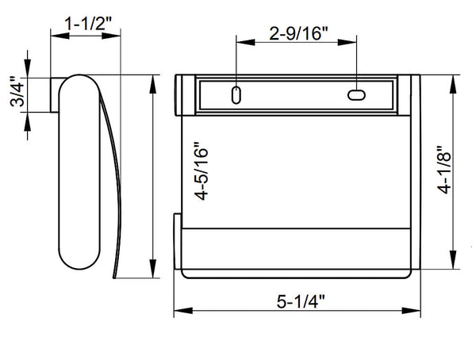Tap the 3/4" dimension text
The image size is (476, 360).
click(17, 91)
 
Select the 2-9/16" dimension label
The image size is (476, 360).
click(299, 33)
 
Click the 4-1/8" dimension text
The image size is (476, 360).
click(444, 170)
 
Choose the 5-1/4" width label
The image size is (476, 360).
click(301, 302)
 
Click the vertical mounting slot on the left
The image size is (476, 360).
click(236, 95)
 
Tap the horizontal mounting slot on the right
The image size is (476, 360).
click(356, 95)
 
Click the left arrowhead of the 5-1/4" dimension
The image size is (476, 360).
click(183, 311)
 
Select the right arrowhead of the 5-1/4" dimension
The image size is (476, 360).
click(411, 311)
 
